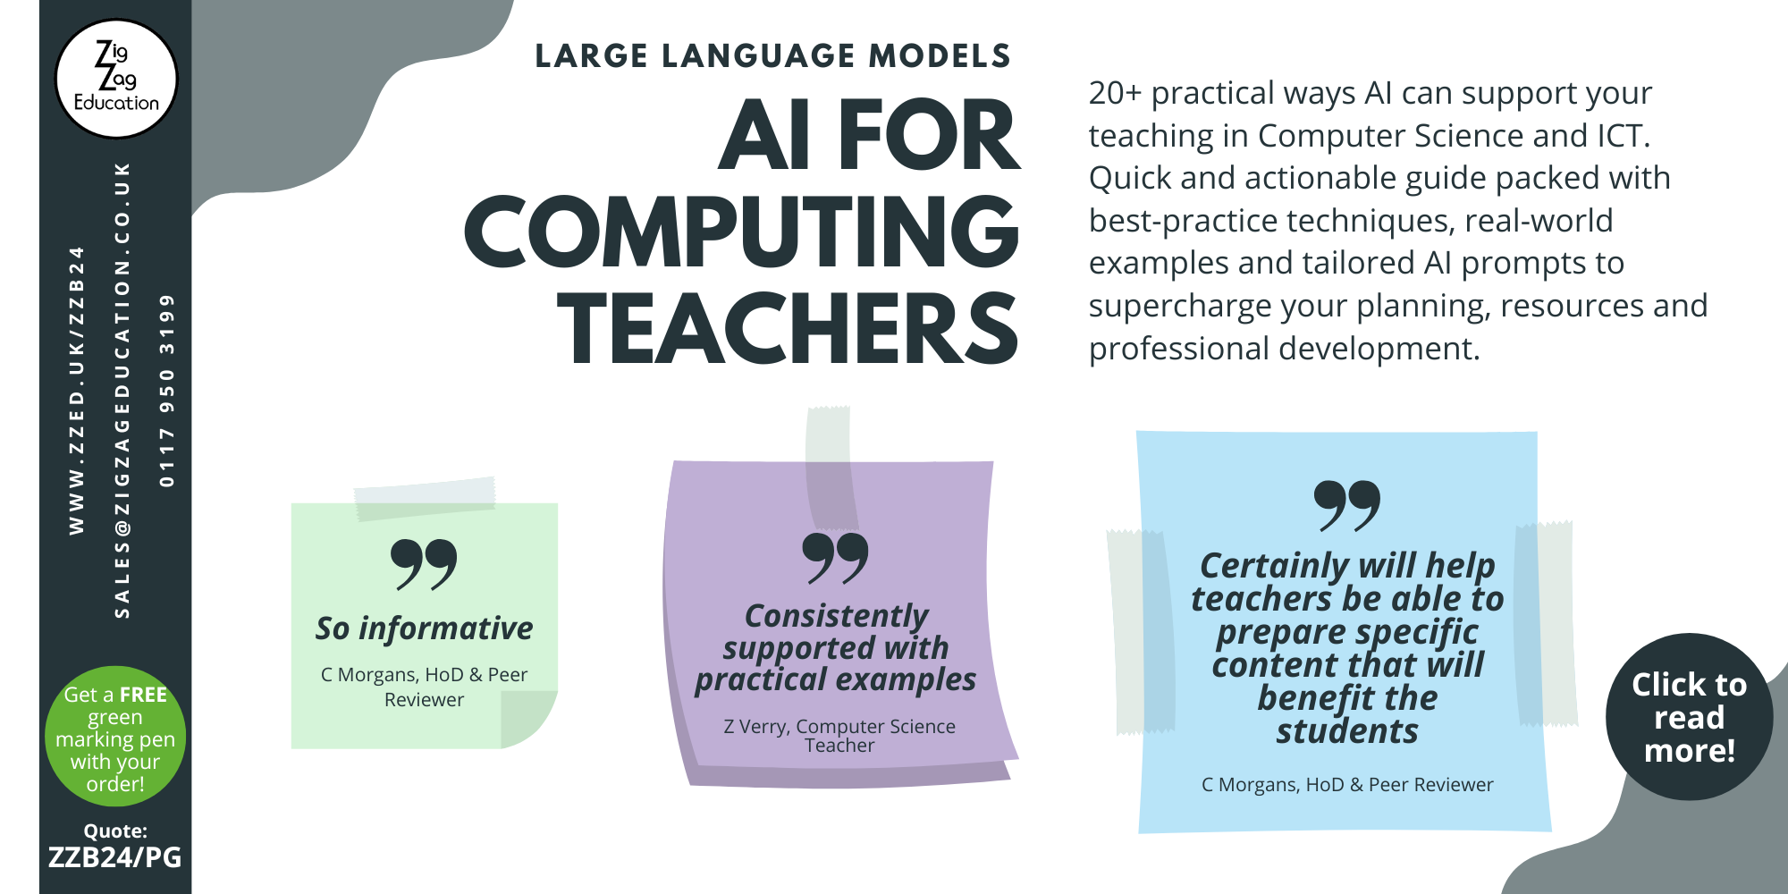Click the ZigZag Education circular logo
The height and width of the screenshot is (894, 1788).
tap(116, 79)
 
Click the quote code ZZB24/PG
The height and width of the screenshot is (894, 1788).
tap(115, 857)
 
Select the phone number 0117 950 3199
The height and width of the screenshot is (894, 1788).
tap(167, 390)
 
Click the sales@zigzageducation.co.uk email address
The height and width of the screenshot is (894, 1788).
tap(122, 390)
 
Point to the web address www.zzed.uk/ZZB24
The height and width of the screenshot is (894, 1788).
tap(77, 390)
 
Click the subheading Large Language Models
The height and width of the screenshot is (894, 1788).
tap(772, 56)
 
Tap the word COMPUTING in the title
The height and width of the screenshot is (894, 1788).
tap(742, 232)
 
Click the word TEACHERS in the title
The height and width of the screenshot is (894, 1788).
tap(788, 329)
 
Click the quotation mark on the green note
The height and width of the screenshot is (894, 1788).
tap(424, 564)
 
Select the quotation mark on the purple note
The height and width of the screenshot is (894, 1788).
tap(835, 558)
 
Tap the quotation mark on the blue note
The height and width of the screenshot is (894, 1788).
tap(1347, 505)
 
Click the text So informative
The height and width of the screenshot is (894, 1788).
tap(424, 628)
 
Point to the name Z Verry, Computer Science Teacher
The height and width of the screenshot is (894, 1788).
tap(839, 735)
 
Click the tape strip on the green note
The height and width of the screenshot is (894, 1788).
tap(425, 498)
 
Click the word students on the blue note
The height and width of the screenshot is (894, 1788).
tap(1347, 731)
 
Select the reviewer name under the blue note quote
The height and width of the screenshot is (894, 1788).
tap(1347, 785)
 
